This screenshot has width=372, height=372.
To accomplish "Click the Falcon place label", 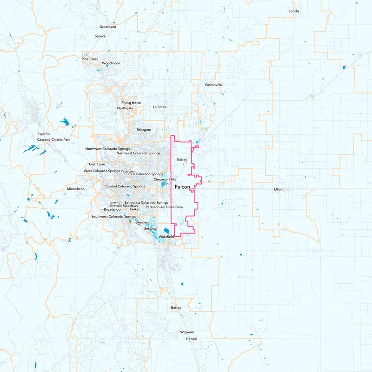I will (x=182, y=186).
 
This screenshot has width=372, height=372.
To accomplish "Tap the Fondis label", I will (x=294, y=11).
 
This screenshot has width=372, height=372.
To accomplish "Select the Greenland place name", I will (x=108, y=27).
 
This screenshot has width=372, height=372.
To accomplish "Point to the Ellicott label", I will (x=279, y=189).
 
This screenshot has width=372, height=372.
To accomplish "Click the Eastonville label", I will (x=213, y=85).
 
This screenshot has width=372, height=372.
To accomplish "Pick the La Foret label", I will (x=159, y=107).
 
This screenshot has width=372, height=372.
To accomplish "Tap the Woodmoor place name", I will (x=111, y=63).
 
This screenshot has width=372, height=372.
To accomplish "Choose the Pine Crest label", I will (x=90, y=59).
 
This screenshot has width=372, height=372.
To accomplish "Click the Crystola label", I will (x=44, y=134).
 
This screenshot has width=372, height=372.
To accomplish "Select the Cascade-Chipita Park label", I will (x=53, y=139).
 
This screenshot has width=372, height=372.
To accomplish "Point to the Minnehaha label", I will (x=76, y=189).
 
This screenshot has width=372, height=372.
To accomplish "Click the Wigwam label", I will (x=187, y=332).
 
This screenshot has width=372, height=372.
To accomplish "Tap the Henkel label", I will (x=191, y=339).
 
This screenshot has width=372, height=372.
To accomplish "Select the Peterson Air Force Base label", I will (x=164, y=207).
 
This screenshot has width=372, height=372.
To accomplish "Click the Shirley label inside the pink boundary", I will (x=181, y=159).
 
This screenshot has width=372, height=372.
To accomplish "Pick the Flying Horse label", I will (x=131, y=103).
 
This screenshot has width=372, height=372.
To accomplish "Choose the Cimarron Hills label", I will (x=165, y=179).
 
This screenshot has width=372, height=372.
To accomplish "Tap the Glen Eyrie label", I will (x=97, y=164).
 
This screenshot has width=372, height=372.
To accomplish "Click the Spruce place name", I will (x=100, y=36).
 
